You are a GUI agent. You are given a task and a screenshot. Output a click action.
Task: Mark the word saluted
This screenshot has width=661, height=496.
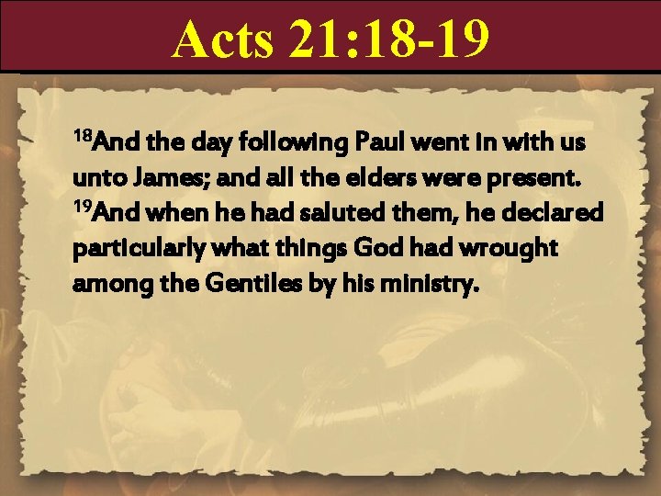(308, 213)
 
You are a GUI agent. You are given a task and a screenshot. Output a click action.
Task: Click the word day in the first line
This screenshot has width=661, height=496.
(210, 144)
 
